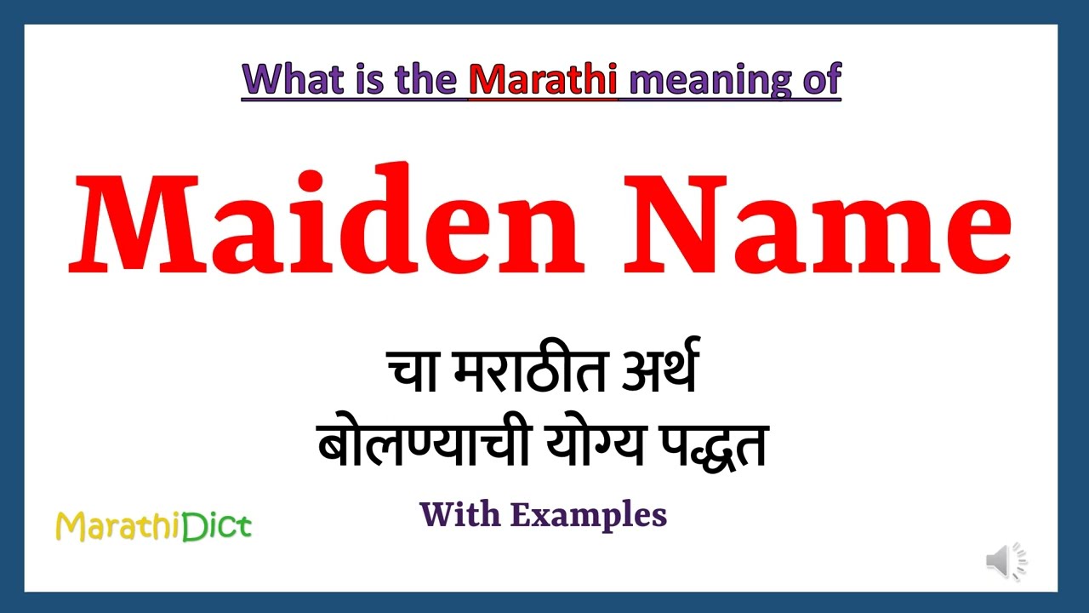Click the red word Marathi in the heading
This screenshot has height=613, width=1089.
pos(543,79)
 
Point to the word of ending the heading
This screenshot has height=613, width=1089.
pos(818,79)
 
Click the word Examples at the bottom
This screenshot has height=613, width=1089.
pos(588,514)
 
